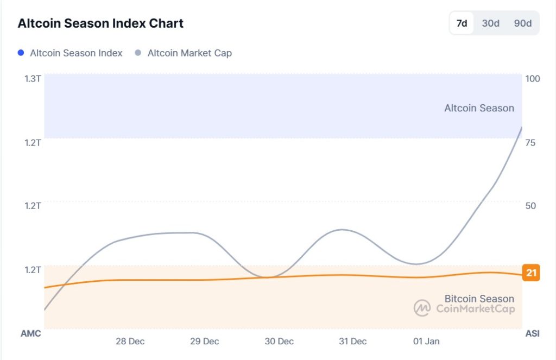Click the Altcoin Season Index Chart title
pyautogui.click(x=100, y=23)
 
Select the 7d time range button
pyautogui.click(x=462, y=23)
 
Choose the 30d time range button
pyautogui.click(x=490, y=23)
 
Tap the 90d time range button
pyautogui.click(x=523, y=23)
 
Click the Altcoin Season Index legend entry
pyautogui.click(x=70, y=53)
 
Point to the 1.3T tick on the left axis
pyautogui.click(x=33, y=78)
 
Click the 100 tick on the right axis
pyautogui.click(x=533, y=78)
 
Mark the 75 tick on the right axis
pyautogui.click(x=530, y=142)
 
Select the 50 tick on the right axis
pyautogui.click(x=530, y=205)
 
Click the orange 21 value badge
pyautogui.click(x=531, y=273)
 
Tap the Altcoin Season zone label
pyautogui.click(x=479, y=108)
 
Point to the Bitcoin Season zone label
pyautogui.click(x=479, y=299)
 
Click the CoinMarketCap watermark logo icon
pyautogui.click(x=422, y=308)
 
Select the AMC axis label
pyautogui.click(x=30, y=333)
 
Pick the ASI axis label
pyautogui.click(x=532, y=333)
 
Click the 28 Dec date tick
pyautogui.click(x=130, y=342)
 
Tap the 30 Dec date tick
pyautogui.click(x=279, y=342)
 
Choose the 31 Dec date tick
pyautogui.click(x=352, y=342)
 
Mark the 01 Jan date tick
pyautogui.click(x=426, y=342)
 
